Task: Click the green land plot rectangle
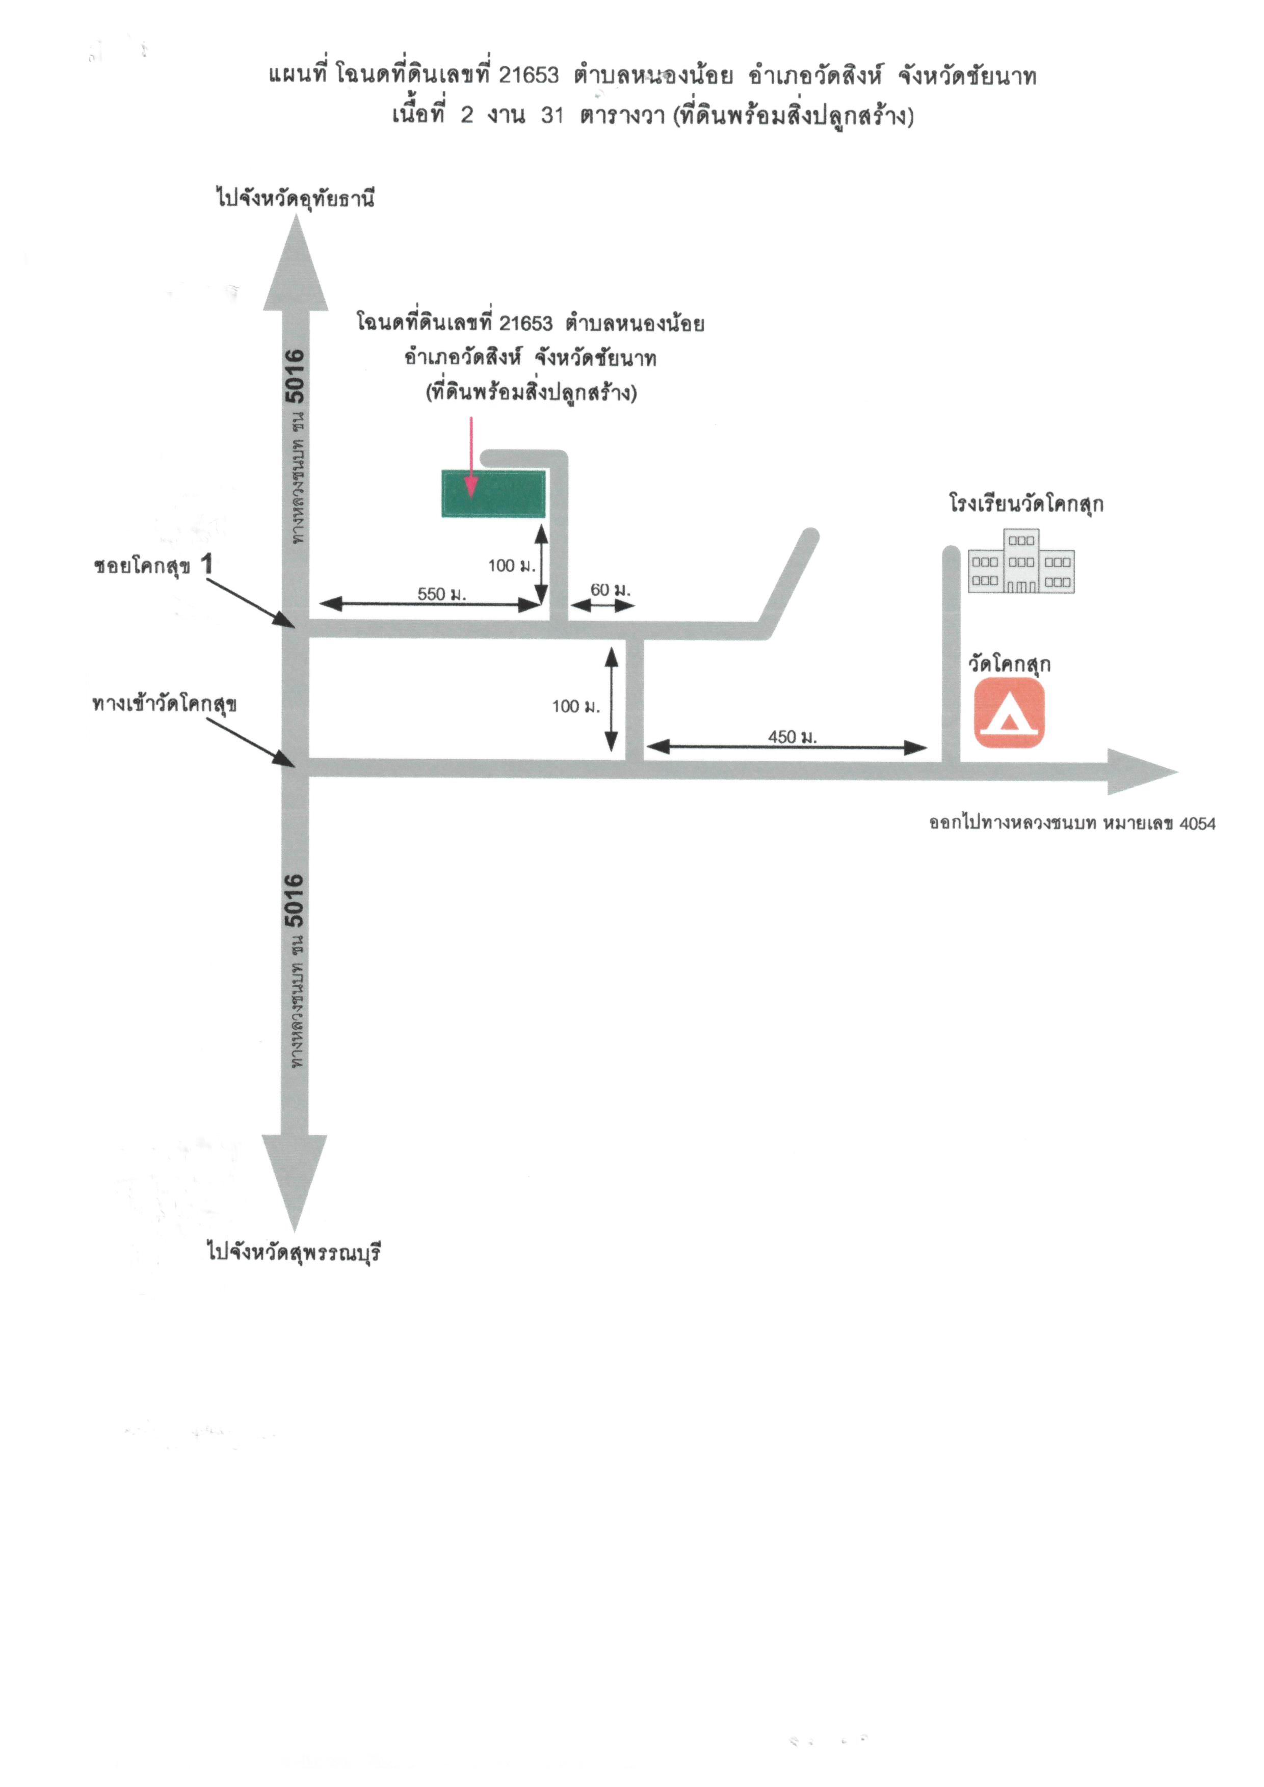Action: pyautogui.click(x=493, y=493)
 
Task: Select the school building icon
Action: pyautogui.click(x=1021, y=561)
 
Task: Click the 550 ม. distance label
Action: pyautogui.click(x=441, y=594)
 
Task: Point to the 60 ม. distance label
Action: pyautogui.click(x=610, y=590)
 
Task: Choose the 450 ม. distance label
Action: pyautogui.click(x=793, y=736)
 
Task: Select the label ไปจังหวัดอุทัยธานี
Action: pyautogui.click(x=296, y=198)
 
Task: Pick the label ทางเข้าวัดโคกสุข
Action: pyautogui.click(x=164, y=704)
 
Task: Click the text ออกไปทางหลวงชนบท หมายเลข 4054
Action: pyautogui.click(x=1072, y=823)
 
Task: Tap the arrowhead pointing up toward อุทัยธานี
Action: pyautogui.click(x=296, y=264)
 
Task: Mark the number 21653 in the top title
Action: pyautogui.click(x=529, y=75)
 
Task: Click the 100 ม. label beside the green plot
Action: pyautogui.click(x=511, y=566)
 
